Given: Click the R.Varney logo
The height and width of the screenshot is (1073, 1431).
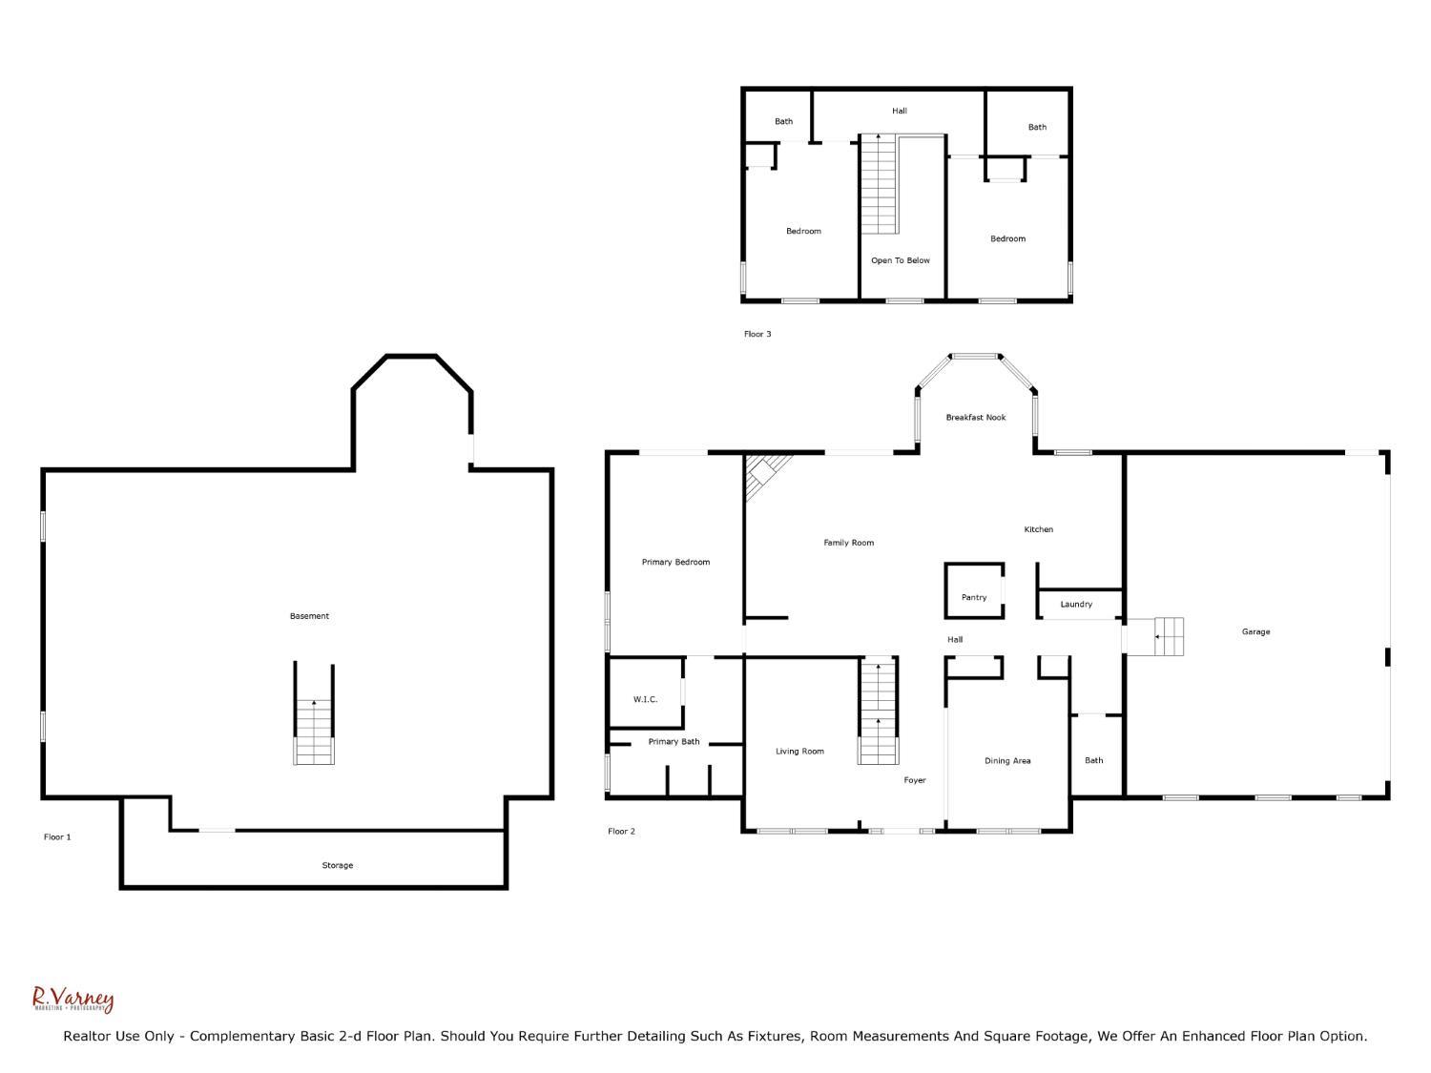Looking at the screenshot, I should pos(73,999).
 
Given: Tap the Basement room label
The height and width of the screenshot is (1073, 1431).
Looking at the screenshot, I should pos(309,616).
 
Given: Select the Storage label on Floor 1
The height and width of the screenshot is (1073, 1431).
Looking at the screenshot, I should pos(337,865).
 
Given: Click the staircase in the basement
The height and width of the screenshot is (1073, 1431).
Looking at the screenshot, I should pos(314,731).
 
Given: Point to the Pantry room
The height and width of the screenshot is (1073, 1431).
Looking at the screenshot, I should pos(974,597).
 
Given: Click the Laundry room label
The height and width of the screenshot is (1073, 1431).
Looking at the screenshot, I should pos(1076,604).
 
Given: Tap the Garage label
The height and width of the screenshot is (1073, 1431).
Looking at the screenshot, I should pos(1255,631).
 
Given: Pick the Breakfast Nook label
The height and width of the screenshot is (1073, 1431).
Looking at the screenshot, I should pos(976,417).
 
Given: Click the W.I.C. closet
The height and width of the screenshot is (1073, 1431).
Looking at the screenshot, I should pos(645,699).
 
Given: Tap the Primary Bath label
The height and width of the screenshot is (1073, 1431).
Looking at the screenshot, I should pos(674,741).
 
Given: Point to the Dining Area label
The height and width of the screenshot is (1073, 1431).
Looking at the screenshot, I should pos(1007,760).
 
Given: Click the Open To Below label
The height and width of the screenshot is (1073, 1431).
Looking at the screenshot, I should pos(900,260).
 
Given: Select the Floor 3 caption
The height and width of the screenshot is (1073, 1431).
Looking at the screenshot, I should pos(757,334).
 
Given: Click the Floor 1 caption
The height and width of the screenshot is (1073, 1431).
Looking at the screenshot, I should pos(57,836).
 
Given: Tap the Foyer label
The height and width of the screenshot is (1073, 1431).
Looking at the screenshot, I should pos(915,780).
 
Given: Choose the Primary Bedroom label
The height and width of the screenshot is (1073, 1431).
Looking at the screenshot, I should pos(675,562).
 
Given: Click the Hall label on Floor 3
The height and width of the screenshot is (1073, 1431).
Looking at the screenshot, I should pos(899,111).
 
